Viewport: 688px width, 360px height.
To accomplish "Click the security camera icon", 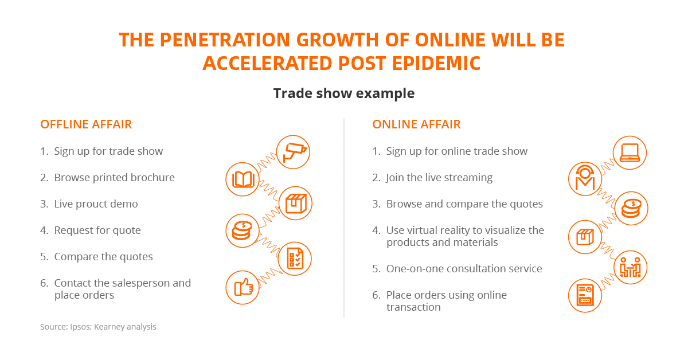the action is (293, 152).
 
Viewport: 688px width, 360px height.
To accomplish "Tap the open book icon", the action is (243, 179).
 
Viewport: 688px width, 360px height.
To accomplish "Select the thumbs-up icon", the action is (243, 288).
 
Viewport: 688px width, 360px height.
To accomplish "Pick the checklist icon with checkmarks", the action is (295, 259).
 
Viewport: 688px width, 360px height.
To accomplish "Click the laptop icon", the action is (630, 152).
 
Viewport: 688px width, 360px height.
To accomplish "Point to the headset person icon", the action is (585, 179).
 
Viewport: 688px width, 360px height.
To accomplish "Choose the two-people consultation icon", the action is (630, 268).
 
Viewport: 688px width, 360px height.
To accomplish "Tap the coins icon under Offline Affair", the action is (243, 230).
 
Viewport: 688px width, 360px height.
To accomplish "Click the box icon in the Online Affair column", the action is (585, 237).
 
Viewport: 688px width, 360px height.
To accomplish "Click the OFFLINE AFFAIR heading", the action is (86, 124).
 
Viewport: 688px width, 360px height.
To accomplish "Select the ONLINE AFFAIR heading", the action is (416, 124).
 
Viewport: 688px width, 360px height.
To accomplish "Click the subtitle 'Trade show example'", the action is (344, 93).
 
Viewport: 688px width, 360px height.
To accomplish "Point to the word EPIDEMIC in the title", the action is (436, 63).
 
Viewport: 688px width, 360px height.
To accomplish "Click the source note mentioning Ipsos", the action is (98, 327).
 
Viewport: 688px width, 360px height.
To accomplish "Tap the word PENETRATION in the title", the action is (225, 40).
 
